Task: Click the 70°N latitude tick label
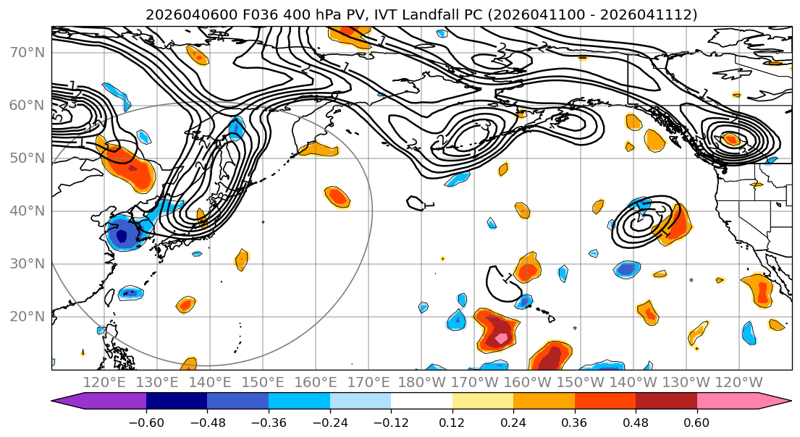click(26, 53)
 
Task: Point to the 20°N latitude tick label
click(26, 317)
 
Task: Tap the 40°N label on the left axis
click(26, 211)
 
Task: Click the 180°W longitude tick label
click(422, 382)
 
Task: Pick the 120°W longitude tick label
click(738, 382)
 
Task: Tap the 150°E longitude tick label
click(263, 382)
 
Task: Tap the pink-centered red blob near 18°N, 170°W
click(499, 331)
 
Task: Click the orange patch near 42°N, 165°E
click(337, 196)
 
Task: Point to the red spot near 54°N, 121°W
click(732, 139)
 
